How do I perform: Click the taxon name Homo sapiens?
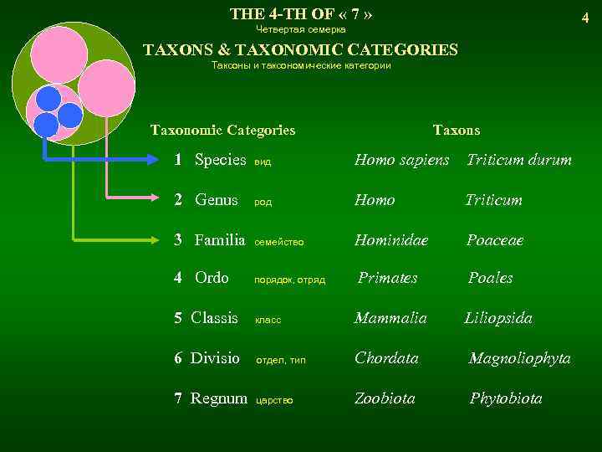tap(401, 160)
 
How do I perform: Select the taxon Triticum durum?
tap(518, 160)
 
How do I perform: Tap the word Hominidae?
tap(390, 240)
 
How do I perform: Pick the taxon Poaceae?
tap(494, 240)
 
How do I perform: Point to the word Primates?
tap(387, 278)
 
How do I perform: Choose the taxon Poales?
tap(490, 278)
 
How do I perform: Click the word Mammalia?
tap(390, 318)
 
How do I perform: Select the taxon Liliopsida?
tap(498, 318)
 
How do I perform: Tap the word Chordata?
tap(386, 358)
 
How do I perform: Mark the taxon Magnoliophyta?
tap(519, 358)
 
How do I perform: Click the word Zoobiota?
tap(385, 398)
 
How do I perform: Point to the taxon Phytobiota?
tap(505, 398)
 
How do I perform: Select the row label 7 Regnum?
tap(211, 398)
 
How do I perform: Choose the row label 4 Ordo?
tap(201, 278)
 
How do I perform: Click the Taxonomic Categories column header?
tap(222, 130)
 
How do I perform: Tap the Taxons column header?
tap(457, 130)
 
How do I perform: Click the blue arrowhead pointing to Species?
tap(159, 159)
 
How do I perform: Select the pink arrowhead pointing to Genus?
tap(159, 199)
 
